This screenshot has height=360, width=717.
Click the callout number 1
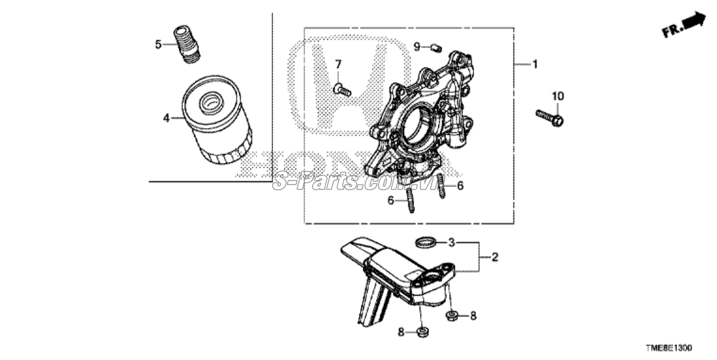pyautogui.click(x=535, y=64)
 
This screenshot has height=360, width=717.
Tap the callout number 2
pyautogui.click(x=494, y=257)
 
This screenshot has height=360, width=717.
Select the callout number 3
pyautogui.click(x=451, y=242)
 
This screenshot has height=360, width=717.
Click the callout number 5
pyautogui.click(x=158, y=45)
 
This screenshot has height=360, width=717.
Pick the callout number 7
pyautogui.click(x=338, y=64)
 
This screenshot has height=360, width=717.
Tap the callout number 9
pyautogui.click(x=417, y=46)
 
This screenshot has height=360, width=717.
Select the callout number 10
pyautogui.click(x=558, y=96)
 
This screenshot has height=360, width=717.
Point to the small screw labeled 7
pyautogui.click(x=342, y=90)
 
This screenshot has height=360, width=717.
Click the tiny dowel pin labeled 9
pyautogui.click(x=435, y=46)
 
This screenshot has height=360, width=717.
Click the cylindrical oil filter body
pyautogui.click(x=217, y=120)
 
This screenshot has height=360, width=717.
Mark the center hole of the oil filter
pyautogui.click(x=211, y=102)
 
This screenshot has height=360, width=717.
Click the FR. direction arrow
pyautogui.click(x=685, y=25)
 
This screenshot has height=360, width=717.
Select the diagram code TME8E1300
pyautogui.click(x=669, y=348)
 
